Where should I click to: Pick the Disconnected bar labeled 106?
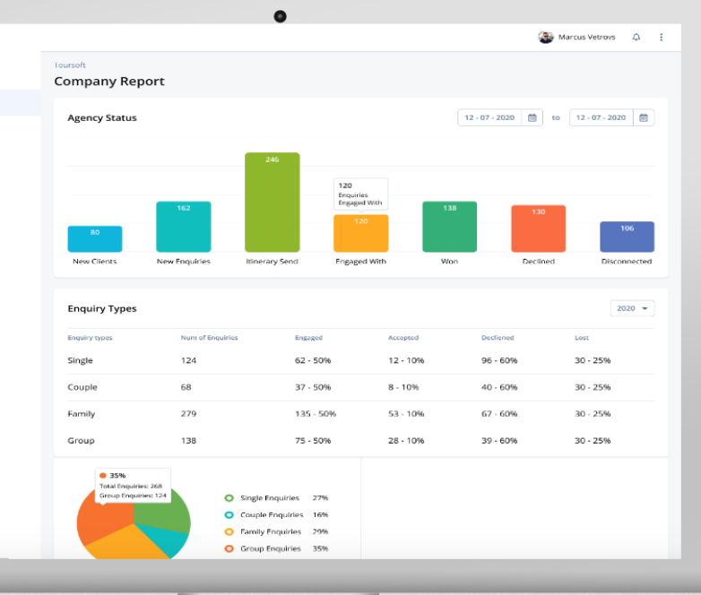click(x=627, y=237)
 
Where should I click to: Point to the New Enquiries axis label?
click(x=183, y=262)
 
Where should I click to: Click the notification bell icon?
click(x=636, y=38)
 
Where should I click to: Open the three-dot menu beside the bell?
click(x=662, y=38)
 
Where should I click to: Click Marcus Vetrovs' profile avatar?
click(x=545, y=38)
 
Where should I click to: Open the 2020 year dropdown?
click(x=632, y=308)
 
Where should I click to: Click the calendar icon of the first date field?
click(x=532, y=117)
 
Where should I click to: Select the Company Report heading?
click(x=109, y=81)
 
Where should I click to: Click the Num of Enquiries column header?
click(x=209, y=338)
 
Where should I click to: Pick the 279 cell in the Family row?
click(x=190, y=414)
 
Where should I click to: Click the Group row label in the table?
click(x=81, y=441)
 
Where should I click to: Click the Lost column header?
click(x=583, y=338)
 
